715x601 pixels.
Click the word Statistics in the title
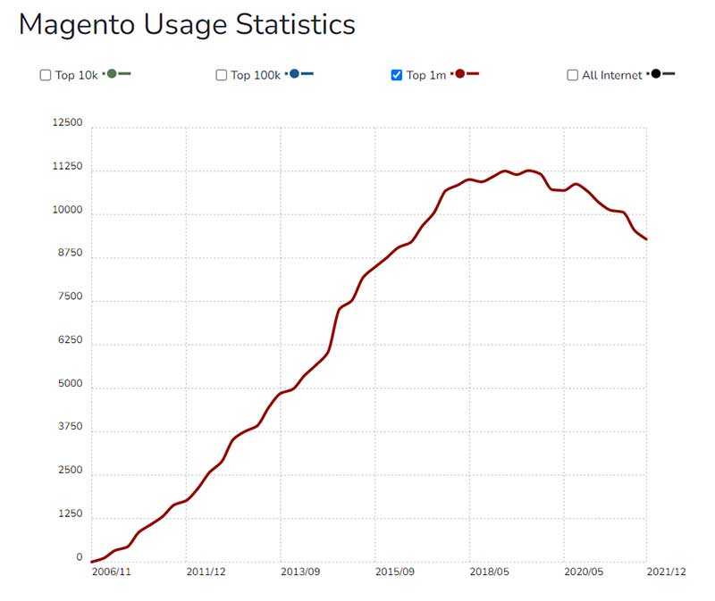click(x=296, y=25)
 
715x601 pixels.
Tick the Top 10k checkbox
click(x=46, y=75)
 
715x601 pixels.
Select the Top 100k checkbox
click(x=221, y=75)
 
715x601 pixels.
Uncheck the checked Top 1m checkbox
click(x=397, y=75)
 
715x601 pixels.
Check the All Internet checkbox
click(x=572, y=75)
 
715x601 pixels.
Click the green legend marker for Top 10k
click(x=112, y=74)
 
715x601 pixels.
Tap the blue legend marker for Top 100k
click(x=295, y=74)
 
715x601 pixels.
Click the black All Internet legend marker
click(x=656, y=74)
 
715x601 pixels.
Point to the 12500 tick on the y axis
click(x=68, y=123)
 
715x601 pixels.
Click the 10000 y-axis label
click(x=68, y=211)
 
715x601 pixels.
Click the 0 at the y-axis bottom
click(x=79, y=558)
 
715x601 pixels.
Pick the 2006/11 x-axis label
click(x=113, y=572)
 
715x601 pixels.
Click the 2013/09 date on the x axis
click(x=299, y=572)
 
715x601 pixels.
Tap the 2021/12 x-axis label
click(x=668, y=572)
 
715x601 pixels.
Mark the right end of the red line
click(x=646, y=238)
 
